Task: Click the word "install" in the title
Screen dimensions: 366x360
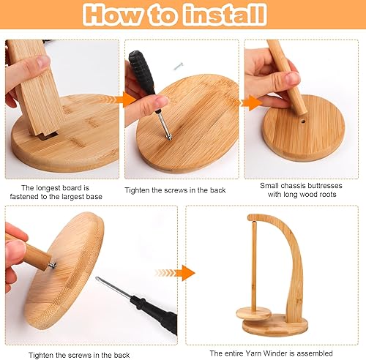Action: tap(225, 15)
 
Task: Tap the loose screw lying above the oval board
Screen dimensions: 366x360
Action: tap(179, 66)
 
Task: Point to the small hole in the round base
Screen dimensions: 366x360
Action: tap(303, 121)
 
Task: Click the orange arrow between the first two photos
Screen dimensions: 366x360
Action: tap(125, 100)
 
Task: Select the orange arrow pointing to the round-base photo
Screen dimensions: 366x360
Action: tap(251, 103)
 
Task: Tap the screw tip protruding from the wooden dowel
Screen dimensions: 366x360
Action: tap(52, 266)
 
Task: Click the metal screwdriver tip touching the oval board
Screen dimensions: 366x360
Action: tap(169, 138)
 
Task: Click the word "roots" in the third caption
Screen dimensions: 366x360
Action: tap(327, 195)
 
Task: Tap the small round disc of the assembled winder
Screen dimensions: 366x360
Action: tap(253, 313)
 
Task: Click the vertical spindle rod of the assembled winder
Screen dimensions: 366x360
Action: tap(254, 266)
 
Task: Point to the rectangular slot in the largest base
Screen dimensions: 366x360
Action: tap(49, 136)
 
